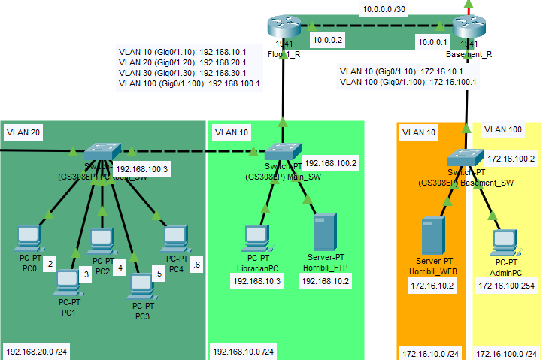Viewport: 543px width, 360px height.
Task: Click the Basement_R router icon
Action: coord(470,27)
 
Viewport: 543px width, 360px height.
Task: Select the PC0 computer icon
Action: coord(29,237)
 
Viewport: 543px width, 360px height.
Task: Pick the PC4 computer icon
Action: coord(175,237)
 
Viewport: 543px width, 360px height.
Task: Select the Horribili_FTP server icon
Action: coord(325,232)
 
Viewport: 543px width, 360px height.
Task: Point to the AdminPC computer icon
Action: coord(504,242)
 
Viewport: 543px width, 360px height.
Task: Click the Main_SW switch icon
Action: coord(284,151)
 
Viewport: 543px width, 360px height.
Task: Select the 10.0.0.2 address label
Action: coord(328,40)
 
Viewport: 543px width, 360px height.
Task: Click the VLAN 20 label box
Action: coord(22,132)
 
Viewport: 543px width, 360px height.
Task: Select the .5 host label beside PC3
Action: coord(158,274)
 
